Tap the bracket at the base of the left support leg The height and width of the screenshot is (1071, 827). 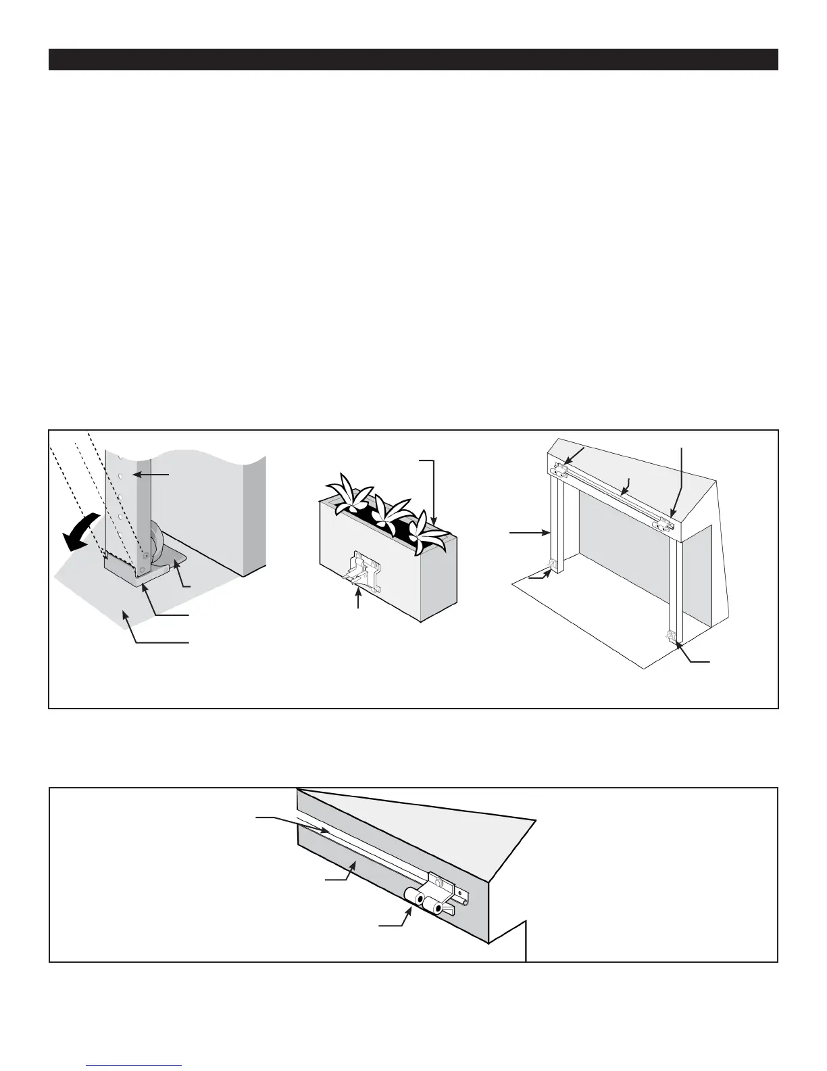point(553,563)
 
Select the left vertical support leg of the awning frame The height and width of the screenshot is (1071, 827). point(558,521)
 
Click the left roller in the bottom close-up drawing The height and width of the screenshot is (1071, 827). point(413,895)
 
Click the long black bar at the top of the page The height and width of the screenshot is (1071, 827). point(413,59)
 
